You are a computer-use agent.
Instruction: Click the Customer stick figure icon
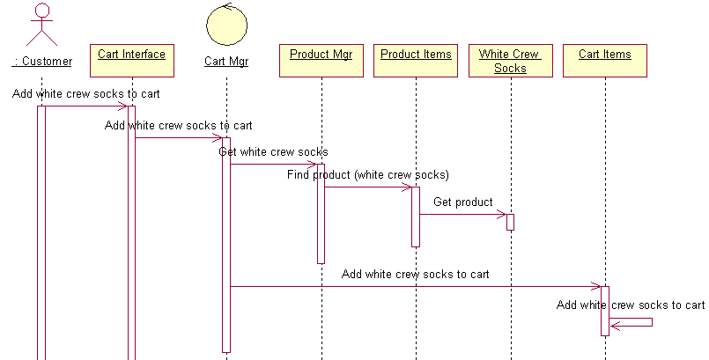click(41, 25)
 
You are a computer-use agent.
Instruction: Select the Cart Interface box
click(131, 60)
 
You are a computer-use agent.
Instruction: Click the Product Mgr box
click(321, 60)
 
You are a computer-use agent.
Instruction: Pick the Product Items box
click(416, 60)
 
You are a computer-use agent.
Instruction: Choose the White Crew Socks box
click(510, 61)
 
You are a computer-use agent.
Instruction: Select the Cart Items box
click(604, 60)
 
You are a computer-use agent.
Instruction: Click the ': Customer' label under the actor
click(41, 61)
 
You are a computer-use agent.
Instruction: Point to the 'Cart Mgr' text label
click(226, 61)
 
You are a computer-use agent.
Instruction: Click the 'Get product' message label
click(462, 202)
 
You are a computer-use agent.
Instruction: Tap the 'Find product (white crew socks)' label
click(367, 174)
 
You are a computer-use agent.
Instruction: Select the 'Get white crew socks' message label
click(273, 152)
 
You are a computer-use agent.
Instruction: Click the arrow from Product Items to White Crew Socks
click(462, 214)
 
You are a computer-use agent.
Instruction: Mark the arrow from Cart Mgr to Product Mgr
click(273, 164)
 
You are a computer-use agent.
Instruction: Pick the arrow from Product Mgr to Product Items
click(367, 187)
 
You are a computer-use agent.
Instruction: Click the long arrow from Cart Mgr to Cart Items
click(414, 286)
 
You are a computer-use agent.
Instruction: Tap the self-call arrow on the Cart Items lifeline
click(634, 324)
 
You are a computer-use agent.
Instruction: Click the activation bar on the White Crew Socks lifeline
click(510, 222)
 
